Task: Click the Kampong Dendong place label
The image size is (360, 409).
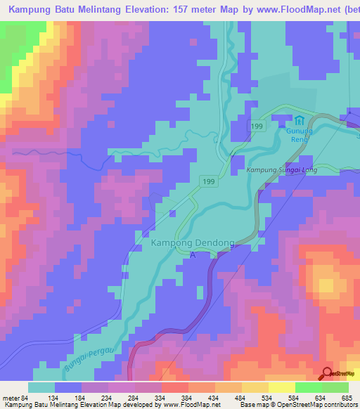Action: pos(191,243)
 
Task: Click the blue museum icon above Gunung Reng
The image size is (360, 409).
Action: pos(300,120)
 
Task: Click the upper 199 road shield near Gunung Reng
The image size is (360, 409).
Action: pos(259,125)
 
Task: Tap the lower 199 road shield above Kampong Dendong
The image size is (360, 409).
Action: pos(207,181)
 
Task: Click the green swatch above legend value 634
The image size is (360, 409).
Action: pos(308,387)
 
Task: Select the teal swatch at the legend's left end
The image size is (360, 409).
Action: pos(41,387)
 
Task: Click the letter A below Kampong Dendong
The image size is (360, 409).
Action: pos(193,255)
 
